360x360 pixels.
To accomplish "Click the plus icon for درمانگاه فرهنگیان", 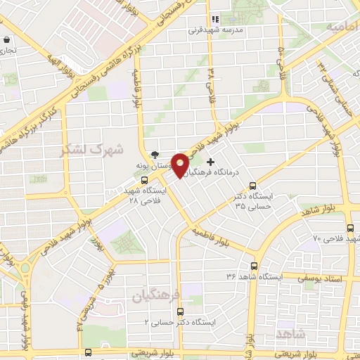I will tap(210, 162).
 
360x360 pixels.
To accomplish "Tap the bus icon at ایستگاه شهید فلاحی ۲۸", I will tap(143, 180).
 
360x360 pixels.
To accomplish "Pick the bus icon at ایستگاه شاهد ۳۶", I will tap(254, 266).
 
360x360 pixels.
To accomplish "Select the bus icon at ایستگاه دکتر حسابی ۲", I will tap(180, 311).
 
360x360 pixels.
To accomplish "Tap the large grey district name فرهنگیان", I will tap(157, 296).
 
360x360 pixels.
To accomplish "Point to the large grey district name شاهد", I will tap(290, 331).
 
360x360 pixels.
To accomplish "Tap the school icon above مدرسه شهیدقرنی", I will tap(215, 20).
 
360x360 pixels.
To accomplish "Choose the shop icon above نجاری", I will tap(6, 40).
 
